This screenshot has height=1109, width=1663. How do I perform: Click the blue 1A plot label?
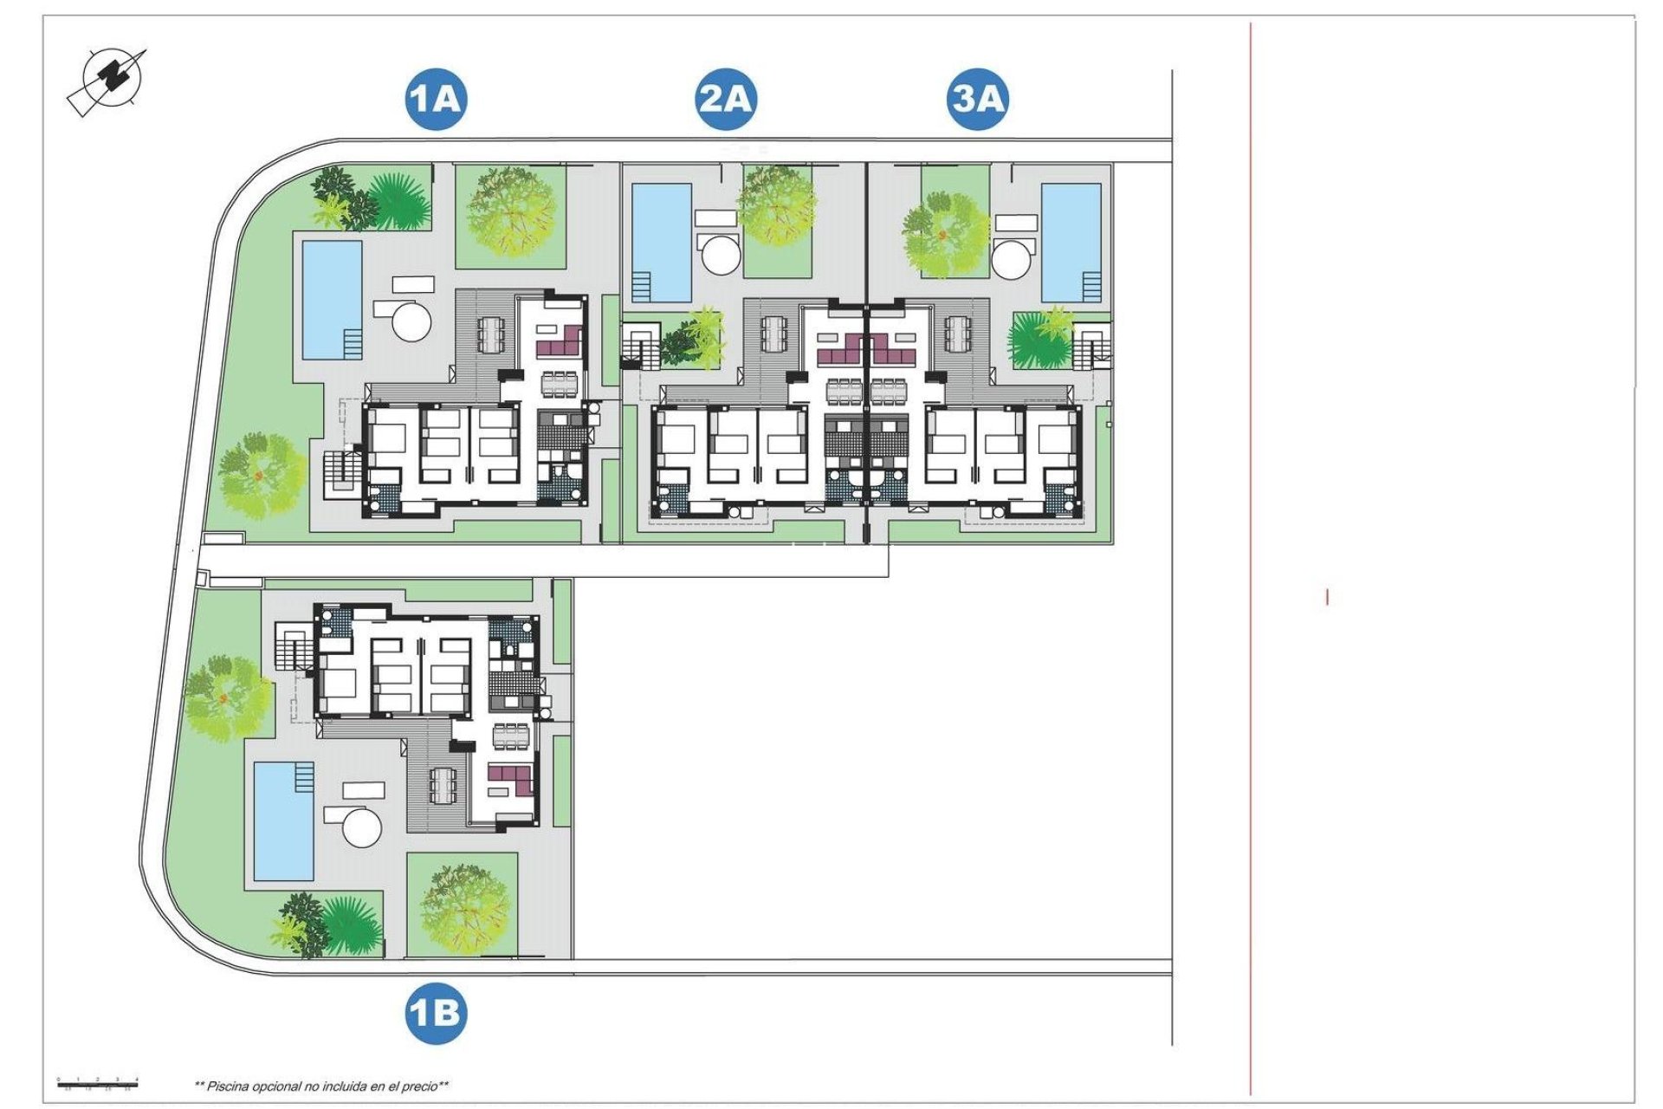pos(436,99)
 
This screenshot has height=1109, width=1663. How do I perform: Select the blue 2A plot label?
pos(726,99)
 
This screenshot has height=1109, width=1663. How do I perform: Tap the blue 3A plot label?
pos(978,99)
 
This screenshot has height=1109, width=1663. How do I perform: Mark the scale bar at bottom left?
pos(98,1083)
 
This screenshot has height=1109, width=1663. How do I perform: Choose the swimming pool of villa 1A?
pos(332,299)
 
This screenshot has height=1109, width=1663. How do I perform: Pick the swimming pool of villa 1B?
pos(284,820)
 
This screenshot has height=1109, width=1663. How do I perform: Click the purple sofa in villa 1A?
pos(560,341)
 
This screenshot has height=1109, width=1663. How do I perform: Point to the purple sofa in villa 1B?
pos(510,779)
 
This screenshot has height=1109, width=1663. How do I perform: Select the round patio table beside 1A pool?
pos(411,321)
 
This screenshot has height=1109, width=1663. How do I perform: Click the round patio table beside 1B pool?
pos(362,827)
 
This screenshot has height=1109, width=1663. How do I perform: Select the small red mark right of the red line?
pos(1327,597)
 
